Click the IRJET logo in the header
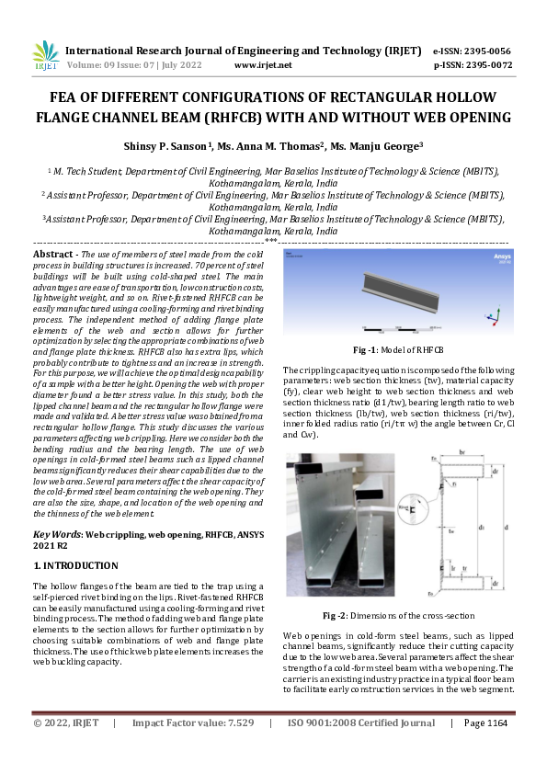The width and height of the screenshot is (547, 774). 46,56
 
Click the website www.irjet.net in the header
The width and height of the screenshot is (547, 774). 263,65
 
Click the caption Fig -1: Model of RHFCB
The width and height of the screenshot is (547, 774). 397,351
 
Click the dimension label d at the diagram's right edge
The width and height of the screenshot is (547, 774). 506,528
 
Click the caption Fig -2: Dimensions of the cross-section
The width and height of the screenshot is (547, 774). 397,615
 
